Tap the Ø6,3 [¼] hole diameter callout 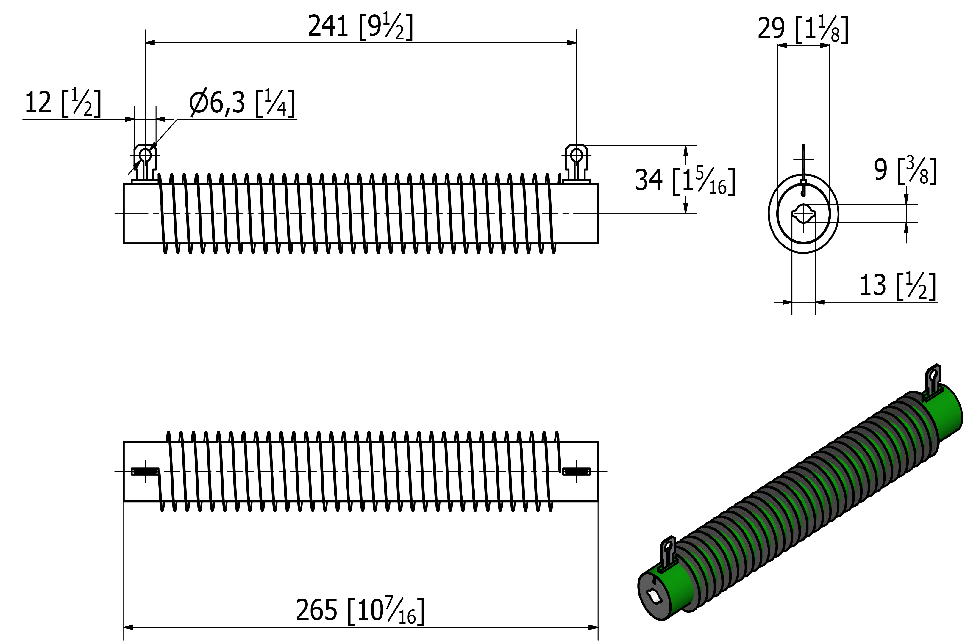(242, 103)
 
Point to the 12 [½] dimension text (63, 103)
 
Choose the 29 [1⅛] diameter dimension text (802, 29)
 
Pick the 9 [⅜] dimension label (905, 170)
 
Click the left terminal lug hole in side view (145, 155)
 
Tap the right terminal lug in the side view (576, 164)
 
